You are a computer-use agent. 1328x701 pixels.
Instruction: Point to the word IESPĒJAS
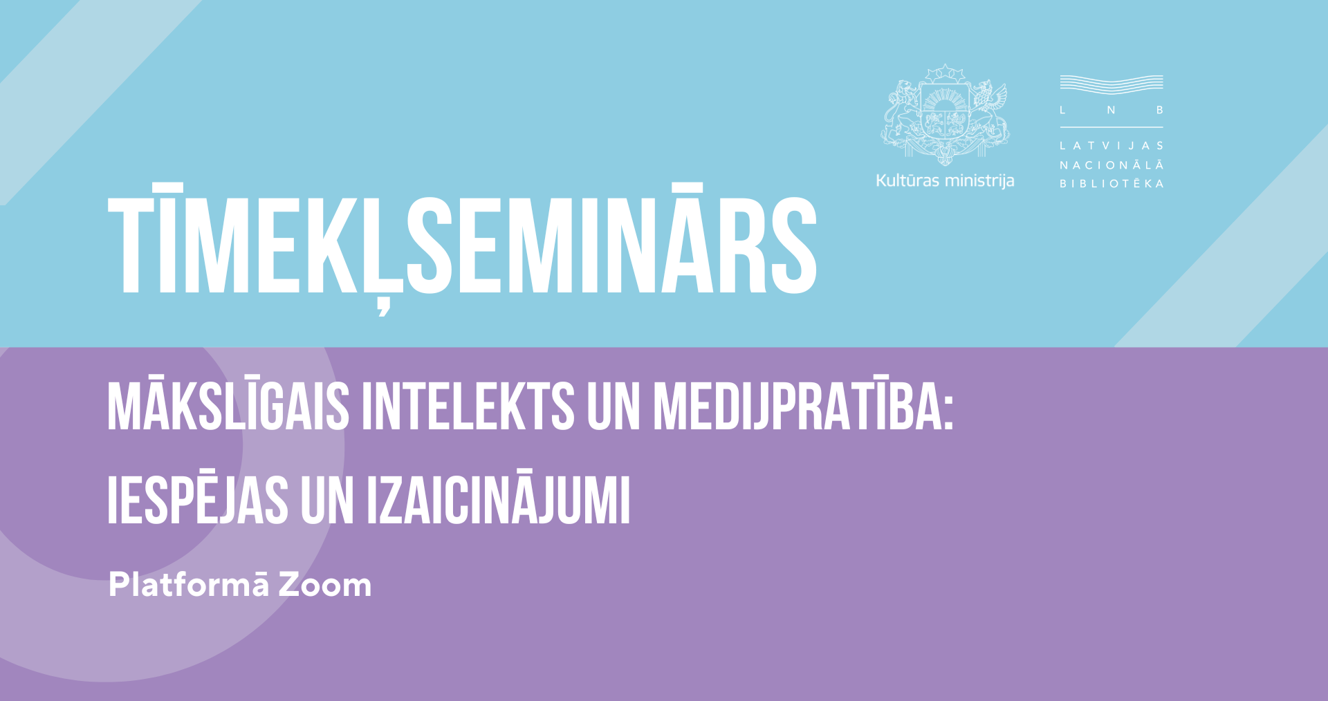(198, 498)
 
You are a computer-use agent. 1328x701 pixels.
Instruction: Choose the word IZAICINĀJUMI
(498, 498)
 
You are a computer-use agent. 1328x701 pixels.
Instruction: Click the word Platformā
(189, 585)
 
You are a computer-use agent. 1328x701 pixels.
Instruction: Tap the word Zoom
(325, 586)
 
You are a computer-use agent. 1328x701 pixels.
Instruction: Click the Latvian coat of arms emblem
(945, 115)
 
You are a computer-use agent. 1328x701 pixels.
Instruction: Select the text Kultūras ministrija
(945, 180)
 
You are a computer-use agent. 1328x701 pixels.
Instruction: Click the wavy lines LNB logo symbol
(1112, 84)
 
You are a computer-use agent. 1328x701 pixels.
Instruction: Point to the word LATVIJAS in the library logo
(1112, 146)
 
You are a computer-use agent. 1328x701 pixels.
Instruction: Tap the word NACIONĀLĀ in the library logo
(1112, 165)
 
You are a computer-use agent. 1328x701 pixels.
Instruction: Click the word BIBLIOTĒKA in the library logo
(1112, 183)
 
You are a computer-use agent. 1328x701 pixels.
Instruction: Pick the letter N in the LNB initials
(1111, 110)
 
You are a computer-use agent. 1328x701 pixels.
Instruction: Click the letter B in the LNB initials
(1160, 110)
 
